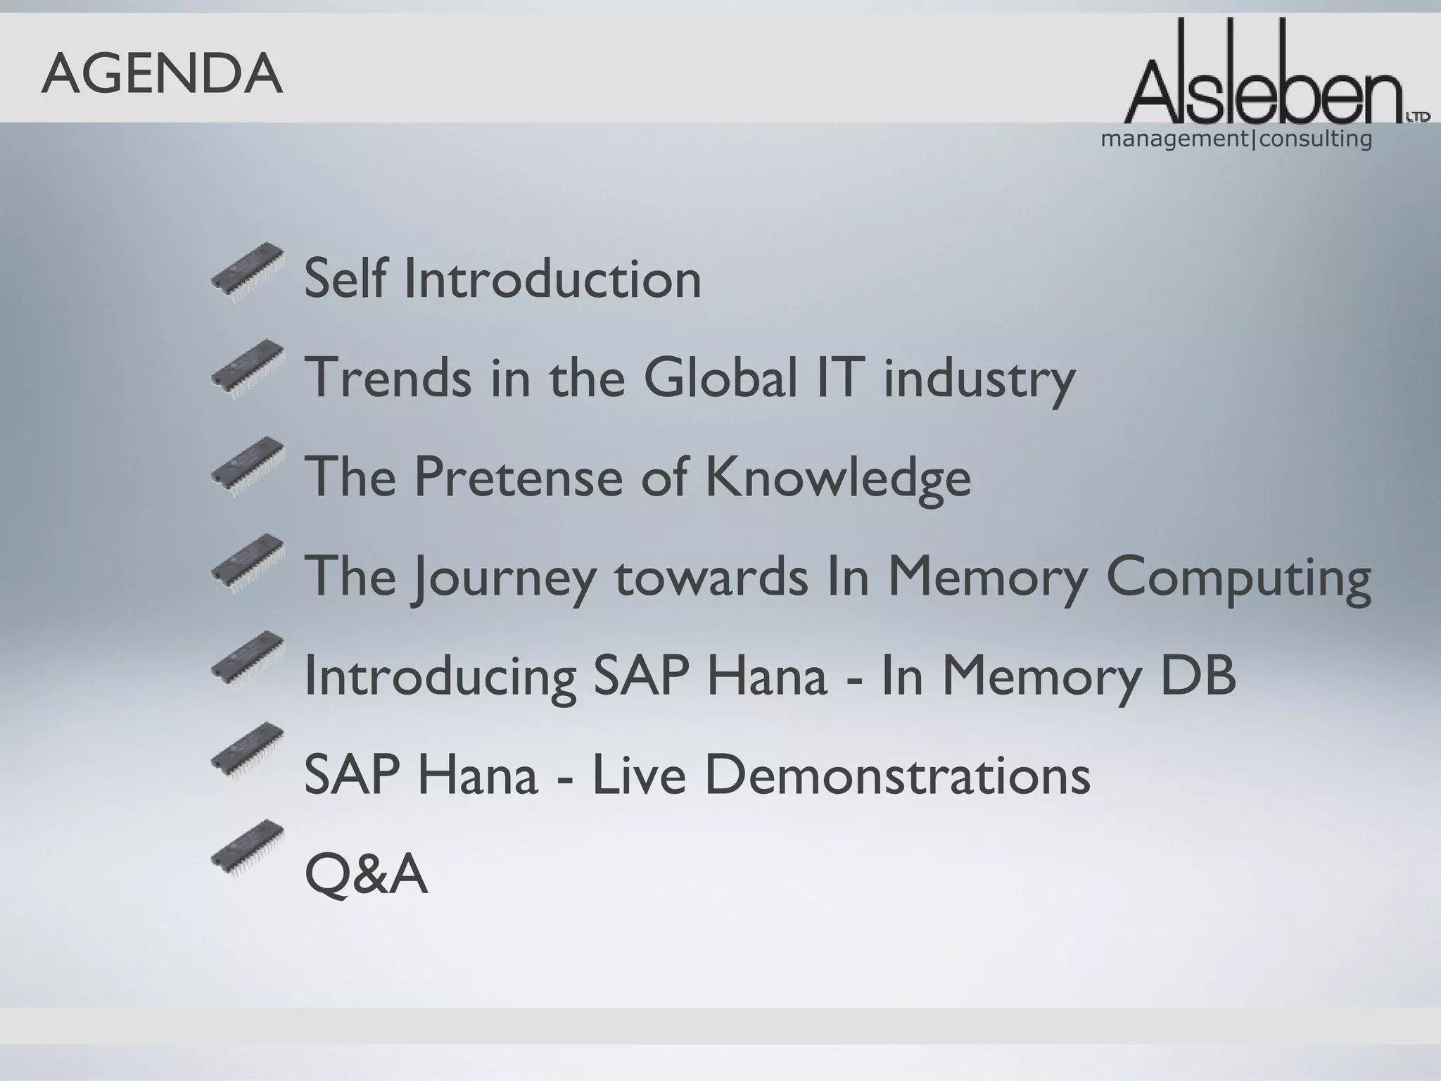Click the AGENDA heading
(162, 75)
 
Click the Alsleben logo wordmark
(1267, 77)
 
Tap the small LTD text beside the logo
(1418, 117)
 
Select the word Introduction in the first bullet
(553, 279)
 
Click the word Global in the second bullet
(721, 377)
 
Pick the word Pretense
(519, 476)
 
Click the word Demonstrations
(897, 774)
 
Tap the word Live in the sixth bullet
(638, 774)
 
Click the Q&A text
(366, 874)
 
